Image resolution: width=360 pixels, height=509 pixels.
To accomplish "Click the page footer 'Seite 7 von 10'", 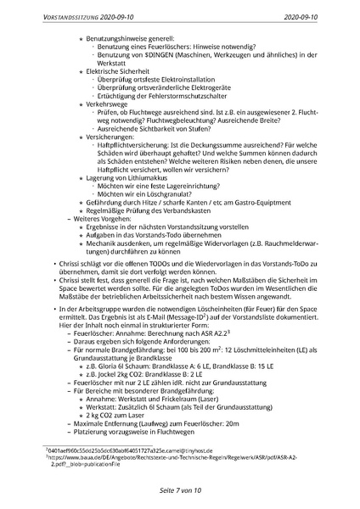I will [180, 489].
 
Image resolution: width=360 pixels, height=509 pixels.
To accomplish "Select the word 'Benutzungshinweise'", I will [115, 40].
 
